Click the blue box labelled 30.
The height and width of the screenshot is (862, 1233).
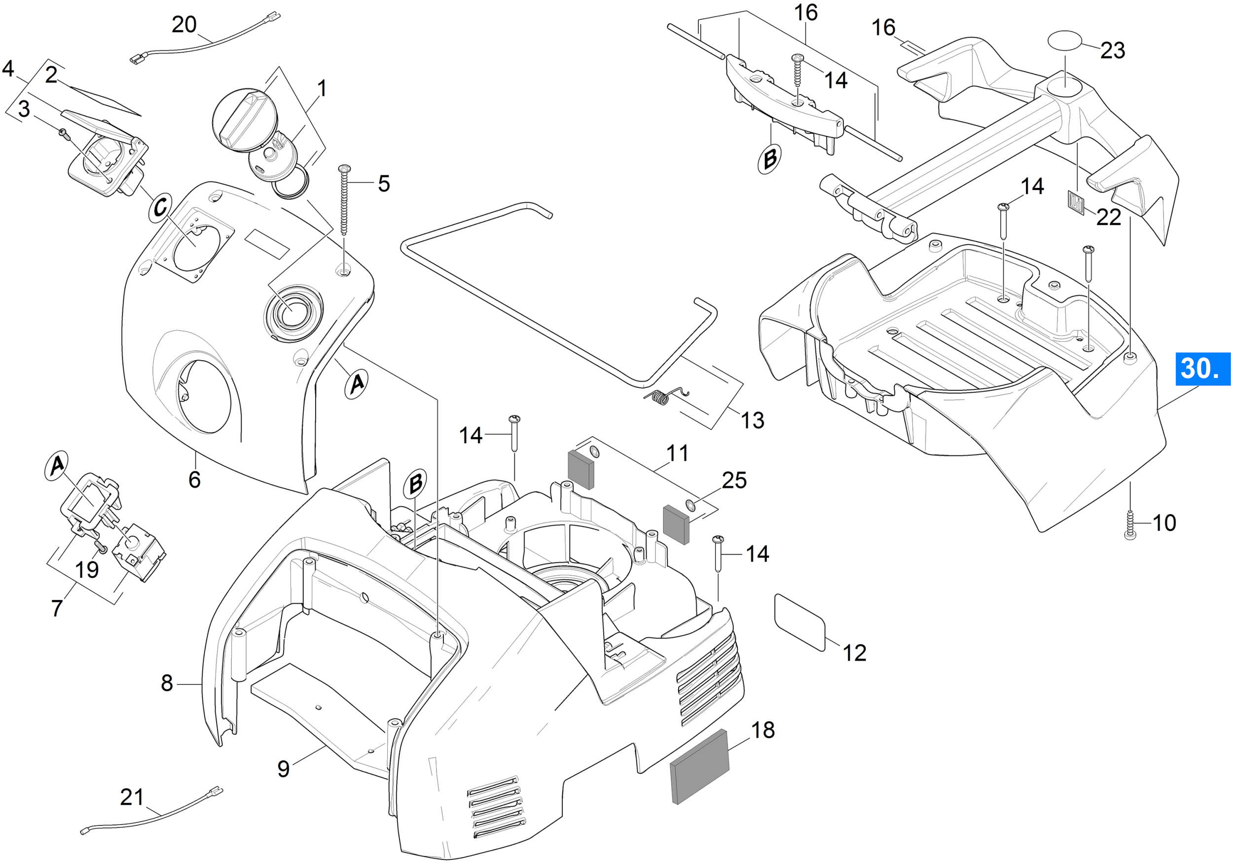[x=1203, y=369]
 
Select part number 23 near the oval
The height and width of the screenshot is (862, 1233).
[x=1113, y=50]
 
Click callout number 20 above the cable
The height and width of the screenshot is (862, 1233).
[x=184, y=25]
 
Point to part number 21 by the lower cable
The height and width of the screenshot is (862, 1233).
[x=132, y=797]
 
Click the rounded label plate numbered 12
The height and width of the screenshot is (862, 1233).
[x=799, y=623]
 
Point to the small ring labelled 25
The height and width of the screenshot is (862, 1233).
[x=691, y=505]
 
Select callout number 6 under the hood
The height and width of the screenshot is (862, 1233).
[x=194, y=480]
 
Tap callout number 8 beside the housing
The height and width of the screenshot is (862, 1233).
[x=167, y=683]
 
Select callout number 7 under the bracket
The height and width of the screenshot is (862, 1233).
[x=57, y=608]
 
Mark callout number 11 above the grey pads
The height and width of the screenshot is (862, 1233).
[x=677, y=453]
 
